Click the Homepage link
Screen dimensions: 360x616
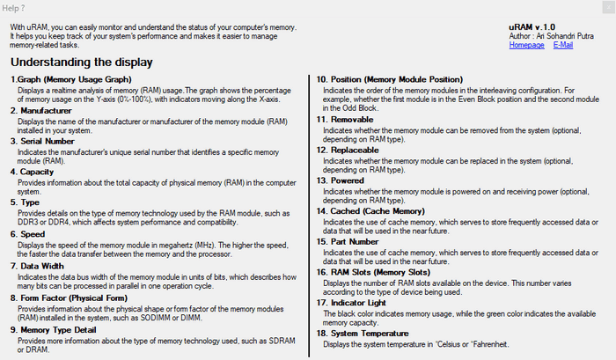tap(526, 45)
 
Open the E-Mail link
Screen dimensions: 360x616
tap(562, 45)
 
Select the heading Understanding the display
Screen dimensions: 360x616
tap(81, 62)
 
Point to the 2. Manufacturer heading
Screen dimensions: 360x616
tap(43, 111)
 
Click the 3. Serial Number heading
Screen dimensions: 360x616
tap(43, 142)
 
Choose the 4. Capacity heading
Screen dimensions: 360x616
tap(33, 173)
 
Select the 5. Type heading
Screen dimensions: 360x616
tap(25, 202)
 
